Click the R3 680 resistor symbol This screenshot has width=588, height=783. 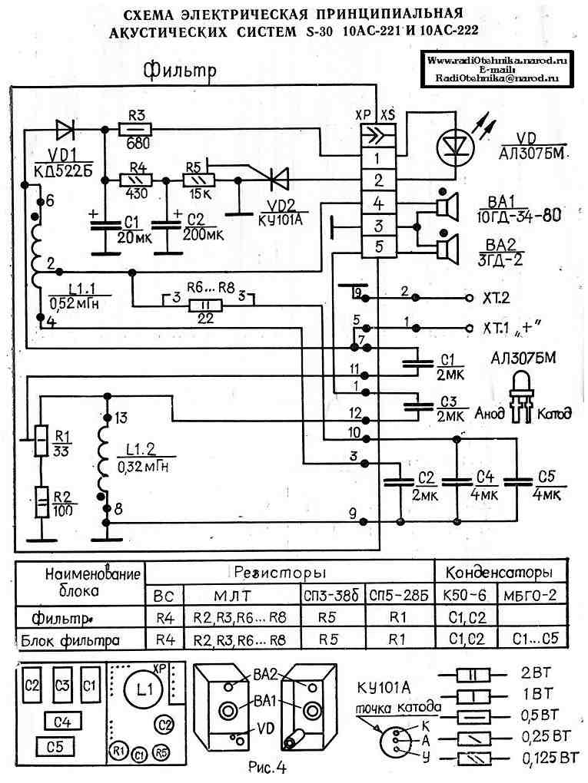137,127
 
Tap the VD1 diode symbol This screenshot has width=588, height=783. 64,127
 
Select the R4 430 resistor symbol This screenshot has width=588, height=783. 137,180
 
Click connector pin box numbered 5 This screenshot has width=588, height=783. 378,248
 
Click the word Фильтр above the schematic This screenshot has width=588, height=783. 181,71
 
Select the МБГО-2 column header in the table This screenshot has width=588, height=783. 530,595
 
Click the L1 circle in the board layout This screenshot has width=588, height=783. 144,689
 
